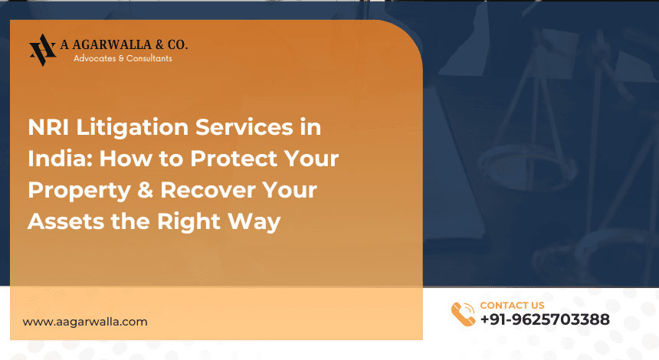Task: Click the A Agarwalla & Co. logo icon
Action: click(x=42, y=50)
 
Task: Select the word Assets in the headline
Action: click(x=63, y=221)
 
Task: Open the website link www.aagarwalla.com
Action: click(x=85, y=322)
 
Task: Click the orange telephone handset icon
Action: click(x=463, y=314)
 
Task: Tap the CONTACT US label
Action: click(x=512, y=306)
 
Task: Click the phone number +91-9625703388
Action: click(x=545, y=320)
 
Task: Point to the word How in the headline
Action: click(x=121, y=159)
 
